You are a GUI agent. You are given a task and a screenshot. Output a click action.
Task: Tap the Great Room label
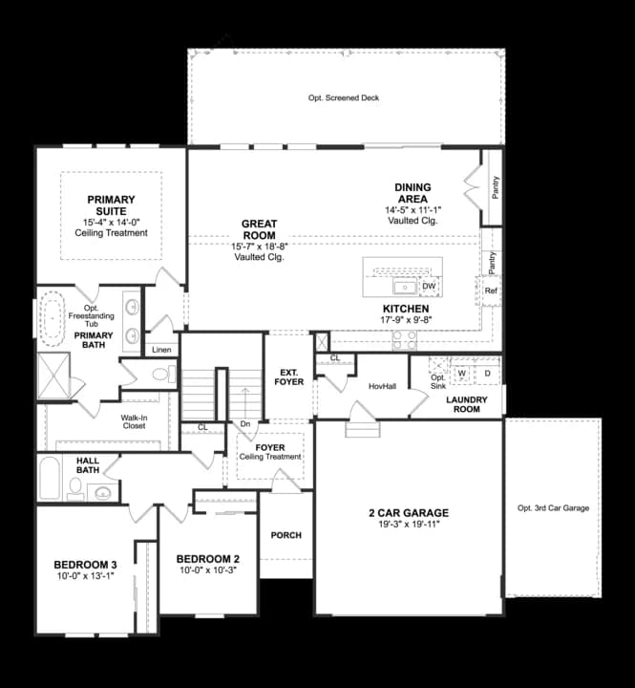point(259,229)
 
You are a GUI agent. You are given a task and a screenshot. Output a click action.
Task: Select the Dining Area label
point(413,193)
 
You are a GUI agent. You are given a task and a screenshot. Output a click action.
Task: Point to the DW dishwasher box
point(429,286)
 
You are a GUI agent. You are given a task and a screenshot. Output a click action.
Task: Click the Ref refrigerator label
point(491,290)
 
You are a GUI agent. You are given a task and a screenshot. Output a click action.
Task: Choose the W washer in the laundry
point(461,374)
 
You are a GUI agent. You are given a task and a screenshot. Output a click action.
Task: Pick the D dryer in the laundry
point(487,374)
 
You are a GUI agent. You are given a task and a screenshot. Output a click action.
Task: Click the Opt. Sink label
point(437,378)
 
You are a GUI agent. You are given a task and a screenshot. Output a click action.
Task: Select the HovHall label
point(382,385)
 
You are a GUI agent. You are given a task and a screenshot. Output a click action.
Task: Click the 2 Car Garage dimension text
point(409,525)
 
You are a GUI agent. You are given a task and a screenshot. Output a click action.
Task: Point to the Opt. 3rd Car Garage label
point(553,508)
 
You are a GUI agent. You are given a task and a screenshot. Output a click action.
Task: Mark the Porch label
point(286,535)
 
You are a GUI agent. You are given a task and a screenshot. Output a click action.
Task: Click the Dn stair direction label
point(244,425)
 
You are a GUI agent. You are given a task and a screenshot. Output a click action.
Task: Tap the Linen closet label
point(161,350)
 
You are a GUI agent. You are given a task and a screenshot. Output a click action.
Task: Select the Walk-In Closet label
point(133,421)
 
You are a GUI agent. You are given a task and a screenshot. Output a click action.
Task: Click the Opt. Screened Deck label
point(344,98)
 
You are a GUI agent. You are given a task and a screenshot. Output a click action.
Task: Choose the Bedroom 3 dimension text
point(84,576)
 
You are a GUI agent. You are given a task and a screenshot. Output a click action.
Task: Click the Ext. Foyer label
point(289,376)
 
